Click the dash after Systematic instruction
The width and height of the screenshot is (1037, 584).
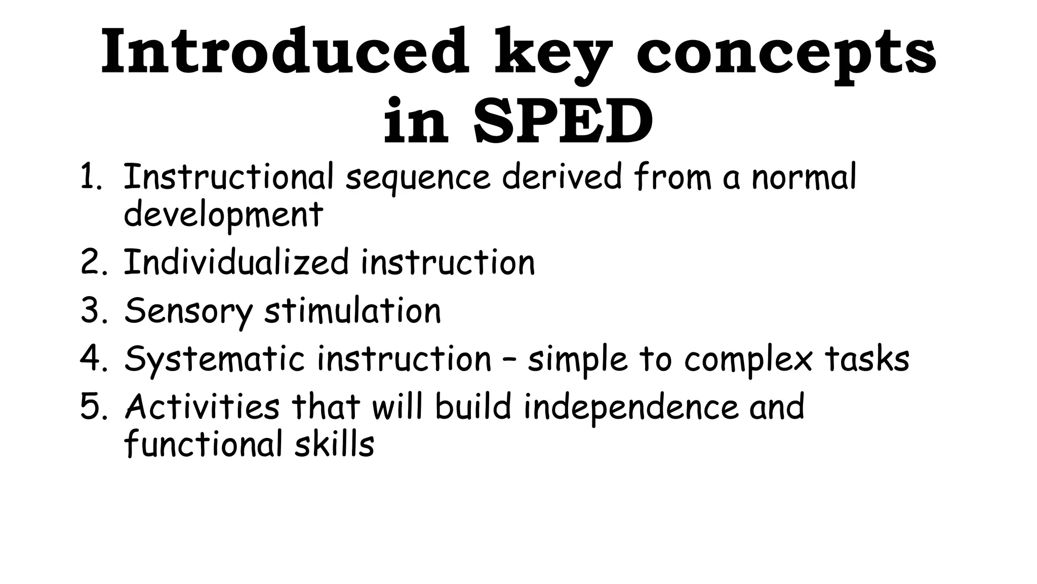(509, 359)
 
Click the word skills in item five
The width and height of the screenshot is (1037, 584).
(334, 444)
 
